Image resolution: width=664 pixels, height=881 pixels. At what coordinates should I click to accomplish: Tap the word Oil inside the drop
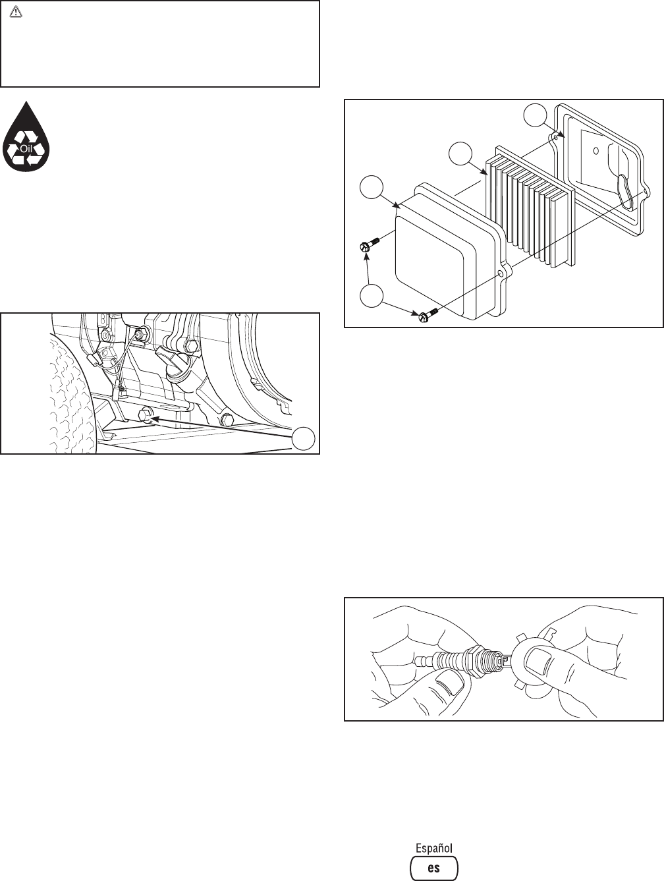tap(26, 148)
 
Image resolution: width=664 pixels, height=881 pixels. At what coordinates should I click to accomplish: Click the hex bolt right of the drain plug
tap(227, 419)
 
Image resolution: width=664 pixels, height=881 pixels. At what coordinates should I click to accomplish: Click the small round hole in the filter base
tap(595, 150)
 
